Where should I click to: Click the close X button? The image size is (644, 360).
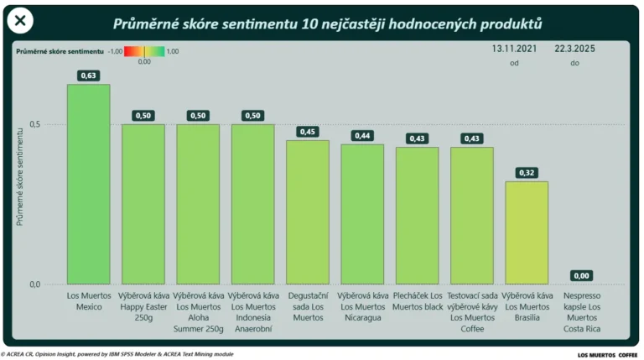tap(20, 21)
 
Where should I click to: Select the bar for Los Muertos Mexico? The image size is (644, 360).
tap(88, 185)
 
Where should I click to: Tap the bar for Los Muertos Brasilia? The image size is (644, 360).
tap(527, 232)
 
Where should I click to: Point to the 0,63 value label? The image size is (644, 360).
tap(88, 76)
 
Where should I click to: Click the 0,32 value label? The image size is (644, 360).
tap(527, 173)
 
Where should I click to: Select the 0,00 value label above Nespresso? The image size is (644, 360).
tap(581, 275)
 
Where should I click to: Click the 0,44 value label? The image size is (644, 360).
tap(362, 136)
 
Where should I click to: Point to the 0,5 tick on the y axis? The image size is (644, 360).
tap(34, 124)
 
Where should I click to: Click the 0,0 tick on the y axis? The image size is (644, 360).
tap(34, 284)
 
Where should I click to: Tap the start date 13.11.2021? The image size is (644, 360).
tap(515, 50)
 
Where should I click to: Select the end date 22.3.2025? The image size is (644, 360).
tap(574, 50)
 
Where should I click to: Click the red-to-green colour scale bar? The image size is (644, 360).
tap(143, 51)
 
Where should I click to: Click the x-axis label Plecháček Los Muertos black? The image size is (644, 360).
tap(417, 301)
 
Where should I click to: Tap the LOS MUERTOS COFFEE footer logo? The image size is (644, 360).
tap(607, 355)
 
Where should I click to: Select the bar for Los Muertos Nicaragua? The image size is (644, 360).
tap(362, 214)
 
